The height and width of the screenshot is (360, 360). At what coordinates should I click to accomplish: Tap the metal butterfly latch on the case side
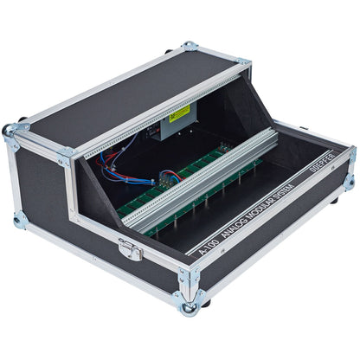(x=131, y=249)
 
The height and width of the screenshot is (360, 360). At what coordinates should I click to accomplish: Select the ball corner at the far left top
(x=10, y=131)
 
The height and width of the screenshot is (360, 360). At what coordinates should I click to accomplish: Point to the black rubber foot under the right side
(x=333, y=201)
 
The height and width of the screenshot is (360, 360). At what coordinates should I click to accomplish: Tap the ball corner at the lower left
(x=20, y=221)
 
